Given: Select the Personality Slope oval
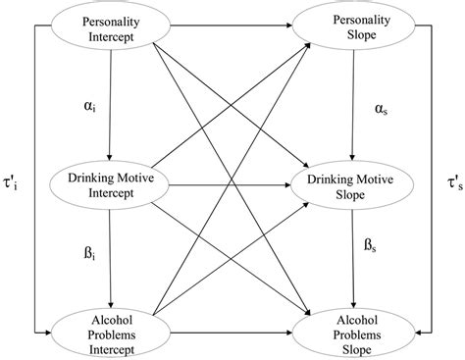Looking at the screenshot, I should pos(356,27).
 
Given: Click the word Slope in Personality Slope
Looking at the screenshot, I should pos(356,38).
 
